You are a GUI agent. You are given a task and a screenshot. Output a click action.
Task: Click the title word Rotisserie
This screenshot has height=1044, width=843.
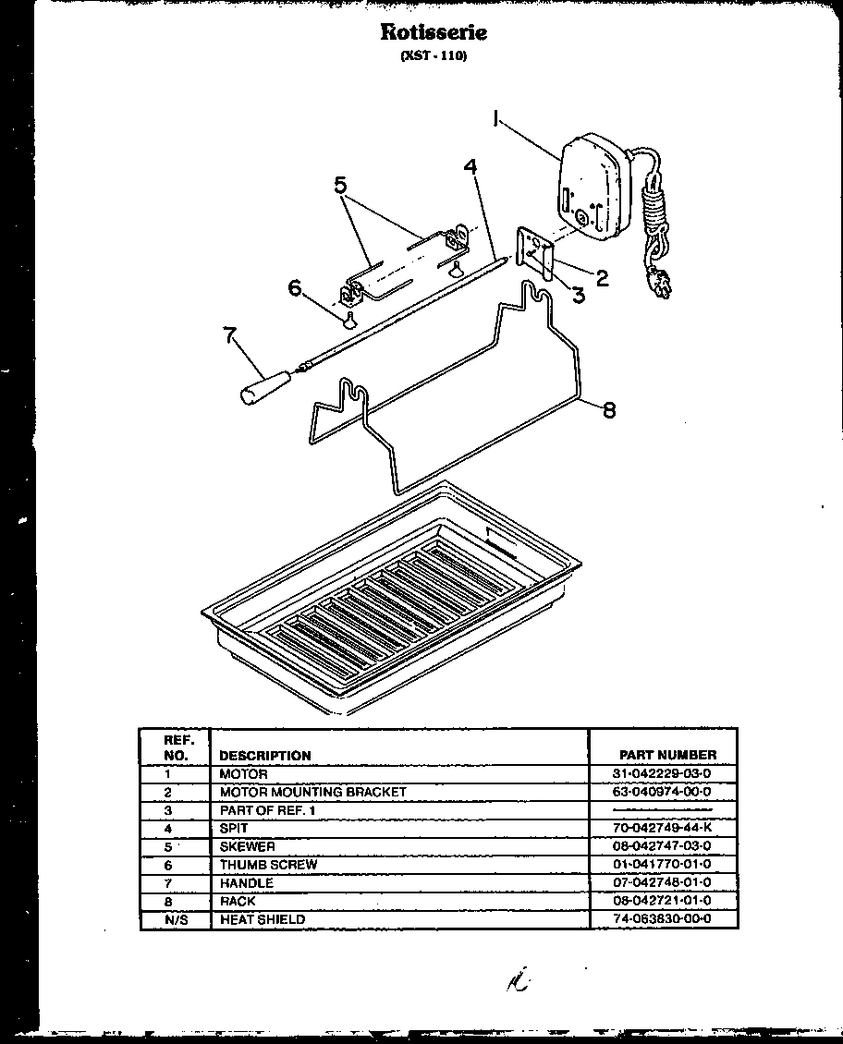434,32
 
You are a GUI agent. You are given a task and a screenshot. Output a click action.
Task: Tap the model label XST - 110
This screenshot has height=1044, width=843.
434,56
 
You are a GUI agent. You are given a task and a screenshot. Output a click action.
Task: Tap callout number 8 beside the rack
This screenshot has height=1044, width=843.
608,410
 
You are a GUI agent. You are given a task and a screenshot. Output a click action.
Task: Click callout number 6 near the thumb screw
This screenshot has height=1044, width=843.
295,288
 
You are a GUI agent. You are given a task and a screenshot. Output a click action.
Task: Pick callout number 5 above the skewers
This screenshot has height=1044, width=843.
341,185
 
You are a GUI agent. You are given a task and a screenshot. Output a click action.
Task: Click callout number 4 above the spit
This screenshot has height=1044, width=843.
470,167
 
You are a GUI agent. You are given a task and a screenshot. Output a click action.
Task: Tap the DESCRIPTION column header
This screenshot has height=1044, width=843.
265,755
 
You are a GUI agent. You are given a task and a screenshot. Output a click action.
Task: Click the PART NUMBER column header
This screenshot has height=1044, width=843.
668,755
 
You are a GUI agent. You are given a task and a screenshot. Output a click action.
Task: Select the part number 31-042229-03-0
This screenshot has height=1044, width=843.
661,773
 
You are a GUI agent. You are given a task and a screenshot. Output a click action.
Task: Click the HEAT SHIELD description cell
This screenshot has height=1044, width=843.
263,919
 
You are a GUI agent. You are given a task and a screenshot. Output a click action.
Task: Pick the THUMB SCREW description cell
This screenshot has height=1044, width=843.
268,865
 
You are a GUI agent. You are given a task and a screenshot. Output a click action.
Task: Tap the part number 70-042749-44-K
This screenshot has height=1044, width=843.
662,829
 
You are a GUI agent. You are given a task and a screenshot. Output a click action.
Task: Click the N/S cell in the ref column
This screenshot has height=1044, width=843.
168,919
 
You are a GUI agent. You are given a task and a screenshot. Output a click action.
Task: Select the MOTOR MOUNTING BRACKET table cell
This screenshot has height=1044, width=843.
312,792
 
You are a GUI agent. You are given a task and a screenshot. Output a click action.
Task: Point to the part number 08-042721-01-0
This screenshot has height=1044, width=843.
662,901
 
